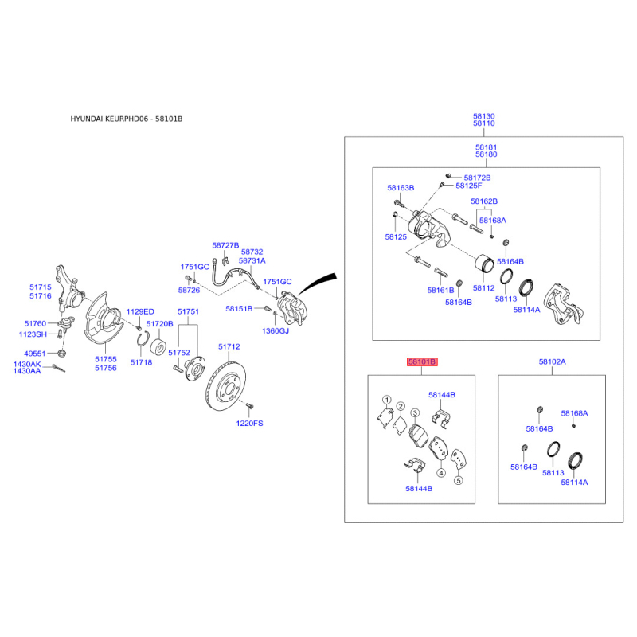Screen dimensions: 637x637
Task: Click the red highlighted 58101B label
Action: (422, 361)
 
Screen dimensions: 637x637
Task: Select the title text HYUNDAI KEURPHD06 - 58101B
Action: (127, 119)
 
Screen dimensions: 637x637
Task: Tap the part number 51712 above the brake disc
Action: (229, 347)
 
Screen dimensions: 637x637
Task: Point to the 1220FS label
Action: (249, 423)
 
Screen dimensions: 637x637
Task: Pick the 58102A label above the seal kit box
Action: (552, 361)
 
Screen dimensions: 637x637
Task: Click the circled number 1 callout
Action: (386, 401)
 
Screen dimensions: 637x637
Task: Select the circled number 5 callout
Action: (458, 481)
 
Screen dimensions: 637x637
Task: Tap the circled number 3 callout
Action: (414, 413)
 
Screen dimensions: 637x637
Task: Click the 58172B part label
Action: (477, 177)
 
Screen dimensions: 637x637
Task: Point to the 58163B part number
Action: (401, 188)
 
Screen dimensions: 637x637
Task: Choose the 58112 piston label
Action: (484, 288)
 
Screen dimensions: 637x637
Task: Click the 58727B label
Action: (225, 245)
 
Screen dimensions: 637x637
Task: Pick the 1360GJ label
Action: (277, 330)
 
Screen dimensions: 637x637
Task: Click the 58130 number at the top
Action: (484, 115)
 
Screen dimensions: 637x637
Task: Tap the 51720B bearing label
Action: (159, 324)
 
